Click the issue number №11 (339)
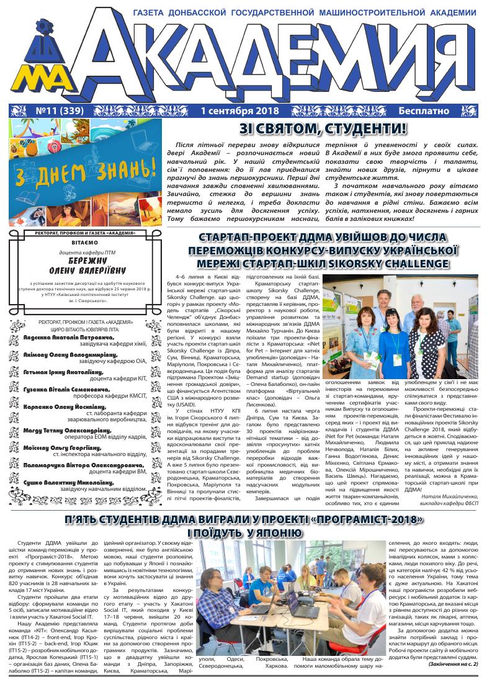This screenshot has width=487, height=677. coord(49,112)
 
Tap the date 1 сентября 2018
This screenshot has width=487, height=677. coord(240,112)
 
